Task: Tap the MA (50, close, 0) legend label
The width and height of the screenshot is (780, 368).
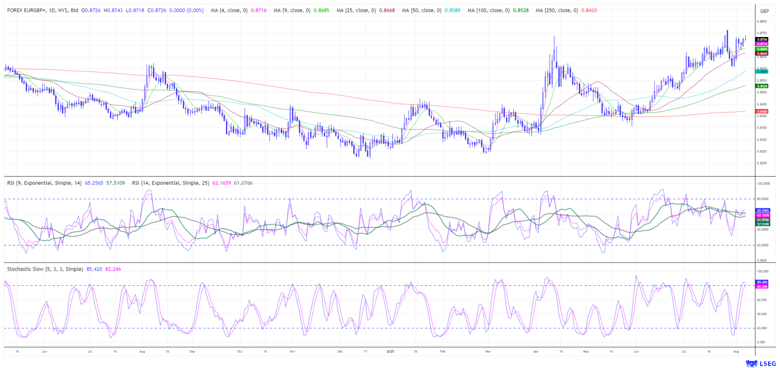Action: tap(421, 10)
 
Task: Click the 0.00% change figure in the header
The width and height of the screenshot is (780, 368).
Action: tap(195, 10)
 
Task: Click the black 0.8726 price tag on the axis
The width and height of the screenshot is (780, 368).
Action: tap(762, 39)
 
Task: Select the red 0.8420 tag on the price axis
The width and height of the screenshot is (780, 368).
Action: tap(762, 111)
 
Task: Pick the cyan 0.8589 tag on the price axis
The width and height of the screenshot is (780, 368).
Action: tap(762, 71)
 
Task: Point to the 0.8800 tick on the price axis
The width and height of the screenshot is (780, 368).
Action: tap(762, 22)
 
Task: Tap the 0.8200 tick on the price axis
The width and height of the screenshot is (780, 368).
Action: tap(762, 163)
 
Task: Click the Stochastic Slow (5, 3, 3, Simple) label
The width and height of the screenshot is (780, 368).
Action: tap(45, 269)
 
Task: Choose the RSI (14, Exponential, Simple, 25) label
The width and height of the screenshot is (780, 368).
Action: tap(171, 183)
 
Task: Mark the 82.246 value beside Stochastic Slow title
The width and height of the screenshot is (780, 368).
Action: tap(113, 269)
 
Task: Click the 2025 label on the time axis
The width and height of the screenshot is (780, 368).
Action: tap(390, 351)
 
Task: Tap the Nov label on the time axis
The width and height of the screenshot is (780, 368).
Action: tap(292, 351)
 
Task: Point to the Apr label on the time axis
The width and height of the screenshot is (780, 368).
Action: tap(536, 351)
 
